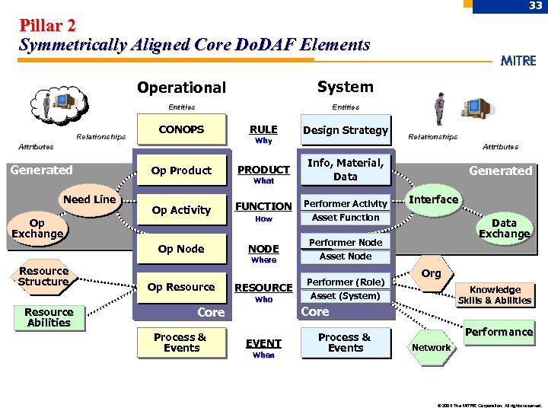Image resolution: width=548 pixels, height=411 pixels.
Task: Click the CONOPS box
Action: [x=181, y=129]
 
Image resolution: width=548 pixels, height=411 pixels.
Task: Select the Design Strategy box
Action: [x=346, y=130]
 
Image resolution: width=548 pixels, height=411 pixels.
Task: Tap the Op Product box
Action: [x=181, y=170]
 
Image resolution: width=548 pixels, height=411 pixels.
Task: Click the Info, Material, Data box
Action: [x=346, y=170]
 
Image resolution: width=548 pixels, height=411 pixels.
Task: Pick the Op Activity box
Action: [x=181, y=210]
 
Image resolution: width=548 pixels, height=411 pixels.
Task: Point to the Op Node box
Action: [x=181, y=249]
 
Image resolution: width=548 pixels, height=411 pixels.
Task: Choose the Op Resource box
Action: [x=181, y=287]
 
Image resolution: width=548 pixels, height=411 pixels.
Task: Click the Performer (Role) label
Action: [x=346, y=282]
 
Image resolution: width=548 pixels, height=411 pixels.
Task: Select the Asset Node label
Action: [x=346, y=256]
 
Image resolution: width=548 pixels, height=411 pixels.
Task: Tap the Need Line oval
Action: [x=90, y=199]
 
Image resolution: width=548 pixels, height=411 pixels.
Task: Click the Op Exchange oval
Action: [x=37, y=228]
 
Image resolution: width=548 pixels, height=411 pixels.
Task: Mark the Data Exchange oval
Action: [x=504, y=228]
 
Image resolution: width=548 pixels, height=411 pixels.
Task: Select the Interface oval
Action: [x=434, y=199]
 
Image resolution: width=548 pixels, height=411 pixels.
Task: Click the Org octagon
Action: [x=431, y=273]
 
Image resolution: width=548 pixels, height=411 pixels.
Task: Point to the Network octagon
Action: [x=431, y=347]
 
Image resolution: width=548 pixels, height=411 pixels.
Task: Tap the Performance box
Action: [x=499, y=332]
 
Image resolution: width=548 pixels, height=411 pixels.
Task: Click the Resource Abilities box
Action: [x=49, y=317]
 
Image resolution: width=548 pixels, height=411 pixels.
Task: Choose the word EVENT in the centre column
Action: [x=263, y=343]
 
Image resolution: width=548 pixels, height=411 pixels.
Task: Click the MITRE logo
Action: [x=518, y=61]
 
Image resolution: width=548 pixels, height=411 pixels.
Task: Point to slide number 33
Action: [x=536, y=6]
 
